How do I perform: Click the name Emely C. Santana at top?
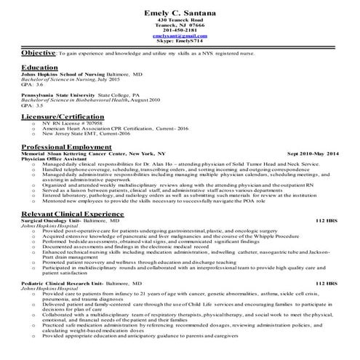click(180, 10)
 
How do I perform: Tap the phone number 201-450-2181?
click(180, 30)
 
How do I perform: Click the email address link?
click(180, 36)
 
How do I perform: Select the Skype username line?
click(180, 41)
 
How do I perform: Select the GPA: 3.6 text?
click(32, 84)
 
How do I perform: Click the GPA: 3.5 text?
click(32, 105)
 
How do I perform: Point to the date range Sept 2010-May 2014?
click(313, 153)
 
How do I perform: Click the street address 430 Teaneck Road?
click(180, 20)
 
